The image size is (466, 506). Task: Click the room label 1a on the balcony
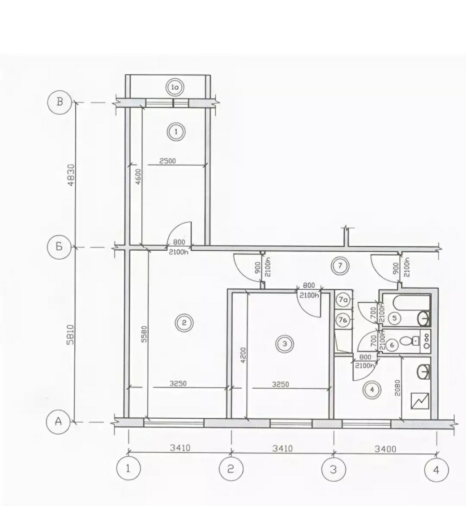tap(175, 88)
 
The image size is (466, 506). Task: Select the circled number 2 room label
tap(184, 323)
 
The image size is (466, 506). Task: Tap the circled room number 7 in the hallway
tap(340, 266)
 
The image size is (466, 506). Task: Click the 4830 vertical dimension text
tap(71, 175)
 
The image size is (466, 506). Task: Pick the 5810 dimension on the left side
tap(71, 334)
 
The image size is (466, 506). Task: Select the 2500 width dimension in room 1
tap(168, 161)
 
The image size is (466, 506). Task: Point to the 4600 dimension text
tap(138, 176)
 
